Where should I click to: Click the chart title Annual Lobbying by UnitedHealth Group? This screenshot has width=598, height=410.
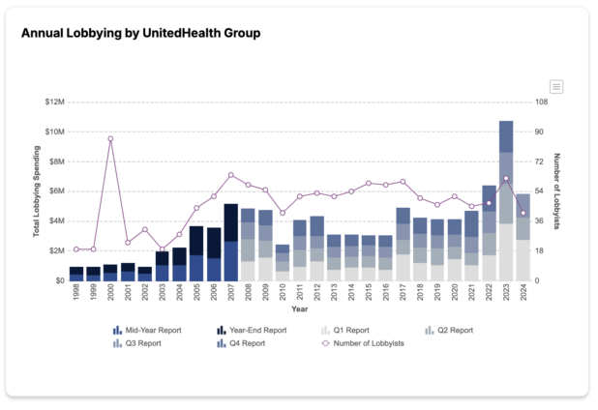pyautogui.click(x=140, y=33)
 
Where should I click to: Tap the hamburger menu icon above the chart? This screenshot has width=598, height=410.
pyautogui.click(x=556, y=87)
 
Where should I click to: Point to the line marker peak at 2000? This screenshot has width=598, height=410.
pyautogui.click(x=110, y=138)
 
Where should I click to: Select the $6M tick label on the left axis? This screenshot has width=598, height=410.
pyautogui.click(x=54, y=191)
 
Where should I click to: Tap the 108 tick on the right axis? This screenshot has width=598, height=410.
pyautogui.click(x=542, y=102)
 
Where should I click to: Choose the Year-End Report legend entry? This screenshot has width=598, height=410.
pyautogui.click(x=253, y=330)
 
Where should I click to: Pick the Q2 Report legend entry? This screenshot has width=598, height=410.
pyautogui.click(x=449, y=330)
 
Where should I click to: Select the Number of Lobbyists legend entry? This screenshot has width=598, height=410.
pyautogui.click(x=364, y=342)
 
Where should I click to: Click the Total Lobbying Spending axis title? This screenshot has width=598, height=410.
pyautogui.click(x=36, y=191)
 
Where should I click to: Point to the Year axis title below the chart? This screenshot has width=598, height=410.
pyautogui.click(x=299, y=310)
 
